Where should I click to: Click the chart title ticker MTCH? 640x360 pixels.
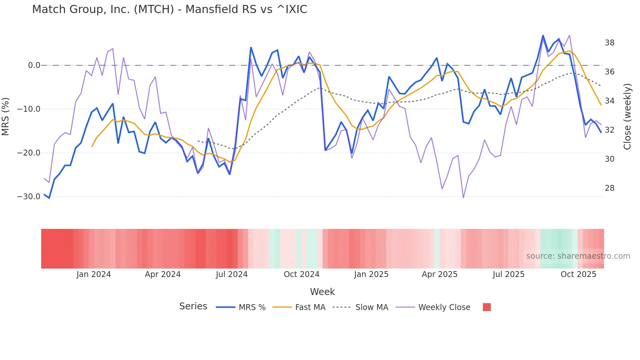pyautogui.click(x=153, y=9)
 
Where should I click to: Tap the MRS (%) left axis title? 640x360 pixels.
pyautogui.click(x=6, y=116)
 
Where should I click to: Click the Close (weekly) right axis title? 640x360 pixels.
pyautogui.click(x=627, y=117)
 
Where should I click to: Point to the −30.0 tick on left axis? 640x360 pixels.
pyautogui.click(x=29, y=197)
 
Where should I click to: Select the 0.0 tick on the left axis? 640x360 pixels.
pyautogui.click(x=34, y=65)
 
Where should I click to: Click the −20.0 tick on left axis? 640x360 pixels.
pyautogui.click(x=29, y=153)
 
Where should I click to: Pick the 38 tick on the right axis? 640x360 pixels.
pyautogui.click(x=609, y=43)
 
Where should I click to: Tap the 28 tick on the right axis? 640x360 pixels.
pyautogui.click(x=609, y=188)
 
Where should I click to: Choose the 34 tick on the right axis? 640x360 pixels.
pyautogui.click(x=609, y=101)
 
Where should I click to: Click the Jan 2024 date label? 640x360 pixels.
pyautogui.click(x=94, y=274)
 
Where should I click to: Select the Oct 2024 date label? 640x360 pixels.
pyautogui.click(x=301, y=274)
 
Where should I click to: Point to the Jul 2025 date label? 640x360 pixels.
pyautogui.click(x=508, y=274)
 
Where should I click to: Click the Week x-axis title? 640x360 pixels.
pyautogui.click(x=322, y=292)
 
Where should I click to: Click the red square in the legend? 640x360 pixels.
pyautogui.click(x=487, y=307)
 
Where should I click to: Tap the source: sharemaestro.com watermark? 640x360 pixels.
pyautogui.click(x=578, y=256)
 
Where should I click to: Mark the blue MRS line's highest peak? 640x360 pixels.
pyautogui.click(x=543, y=36)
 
